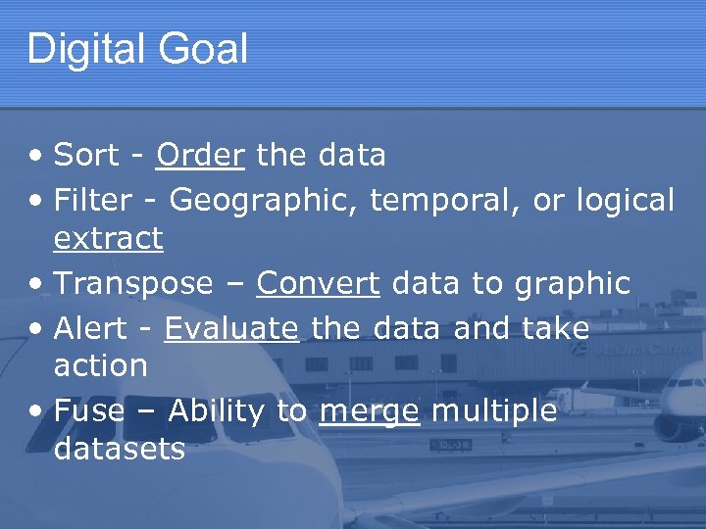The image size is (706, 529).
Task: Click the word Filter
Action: [x=93, y=201]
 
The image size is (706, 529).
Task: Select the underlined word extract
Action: [x=108, y=238]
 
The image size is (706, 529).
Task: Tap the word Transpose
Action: [x=133, y=284]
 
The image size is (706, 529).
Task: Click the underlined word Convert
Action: [x=318, y=284]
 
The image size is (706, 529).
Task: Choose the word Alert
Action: [x=90, y=328]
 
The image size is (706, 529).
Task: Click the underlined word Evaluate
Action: [x=231, y=328]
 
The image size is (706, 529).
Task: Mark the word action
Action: [x=101, y=365]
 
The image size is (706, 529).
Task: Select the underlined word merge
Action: [x=370, y=412]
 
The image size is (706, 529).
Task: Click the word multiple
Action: [x=494, y=411]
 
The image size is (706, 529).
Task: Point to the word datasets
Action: [x=120, y=449]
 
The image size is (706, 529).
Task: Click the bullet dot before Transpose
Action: [x=36, y=285]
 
